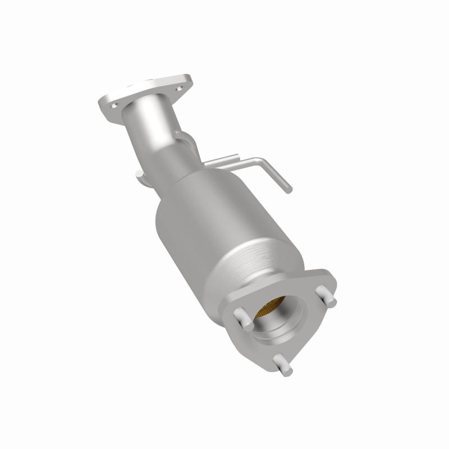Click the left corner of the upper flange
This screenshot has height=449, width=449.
(x=102, y=104)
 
